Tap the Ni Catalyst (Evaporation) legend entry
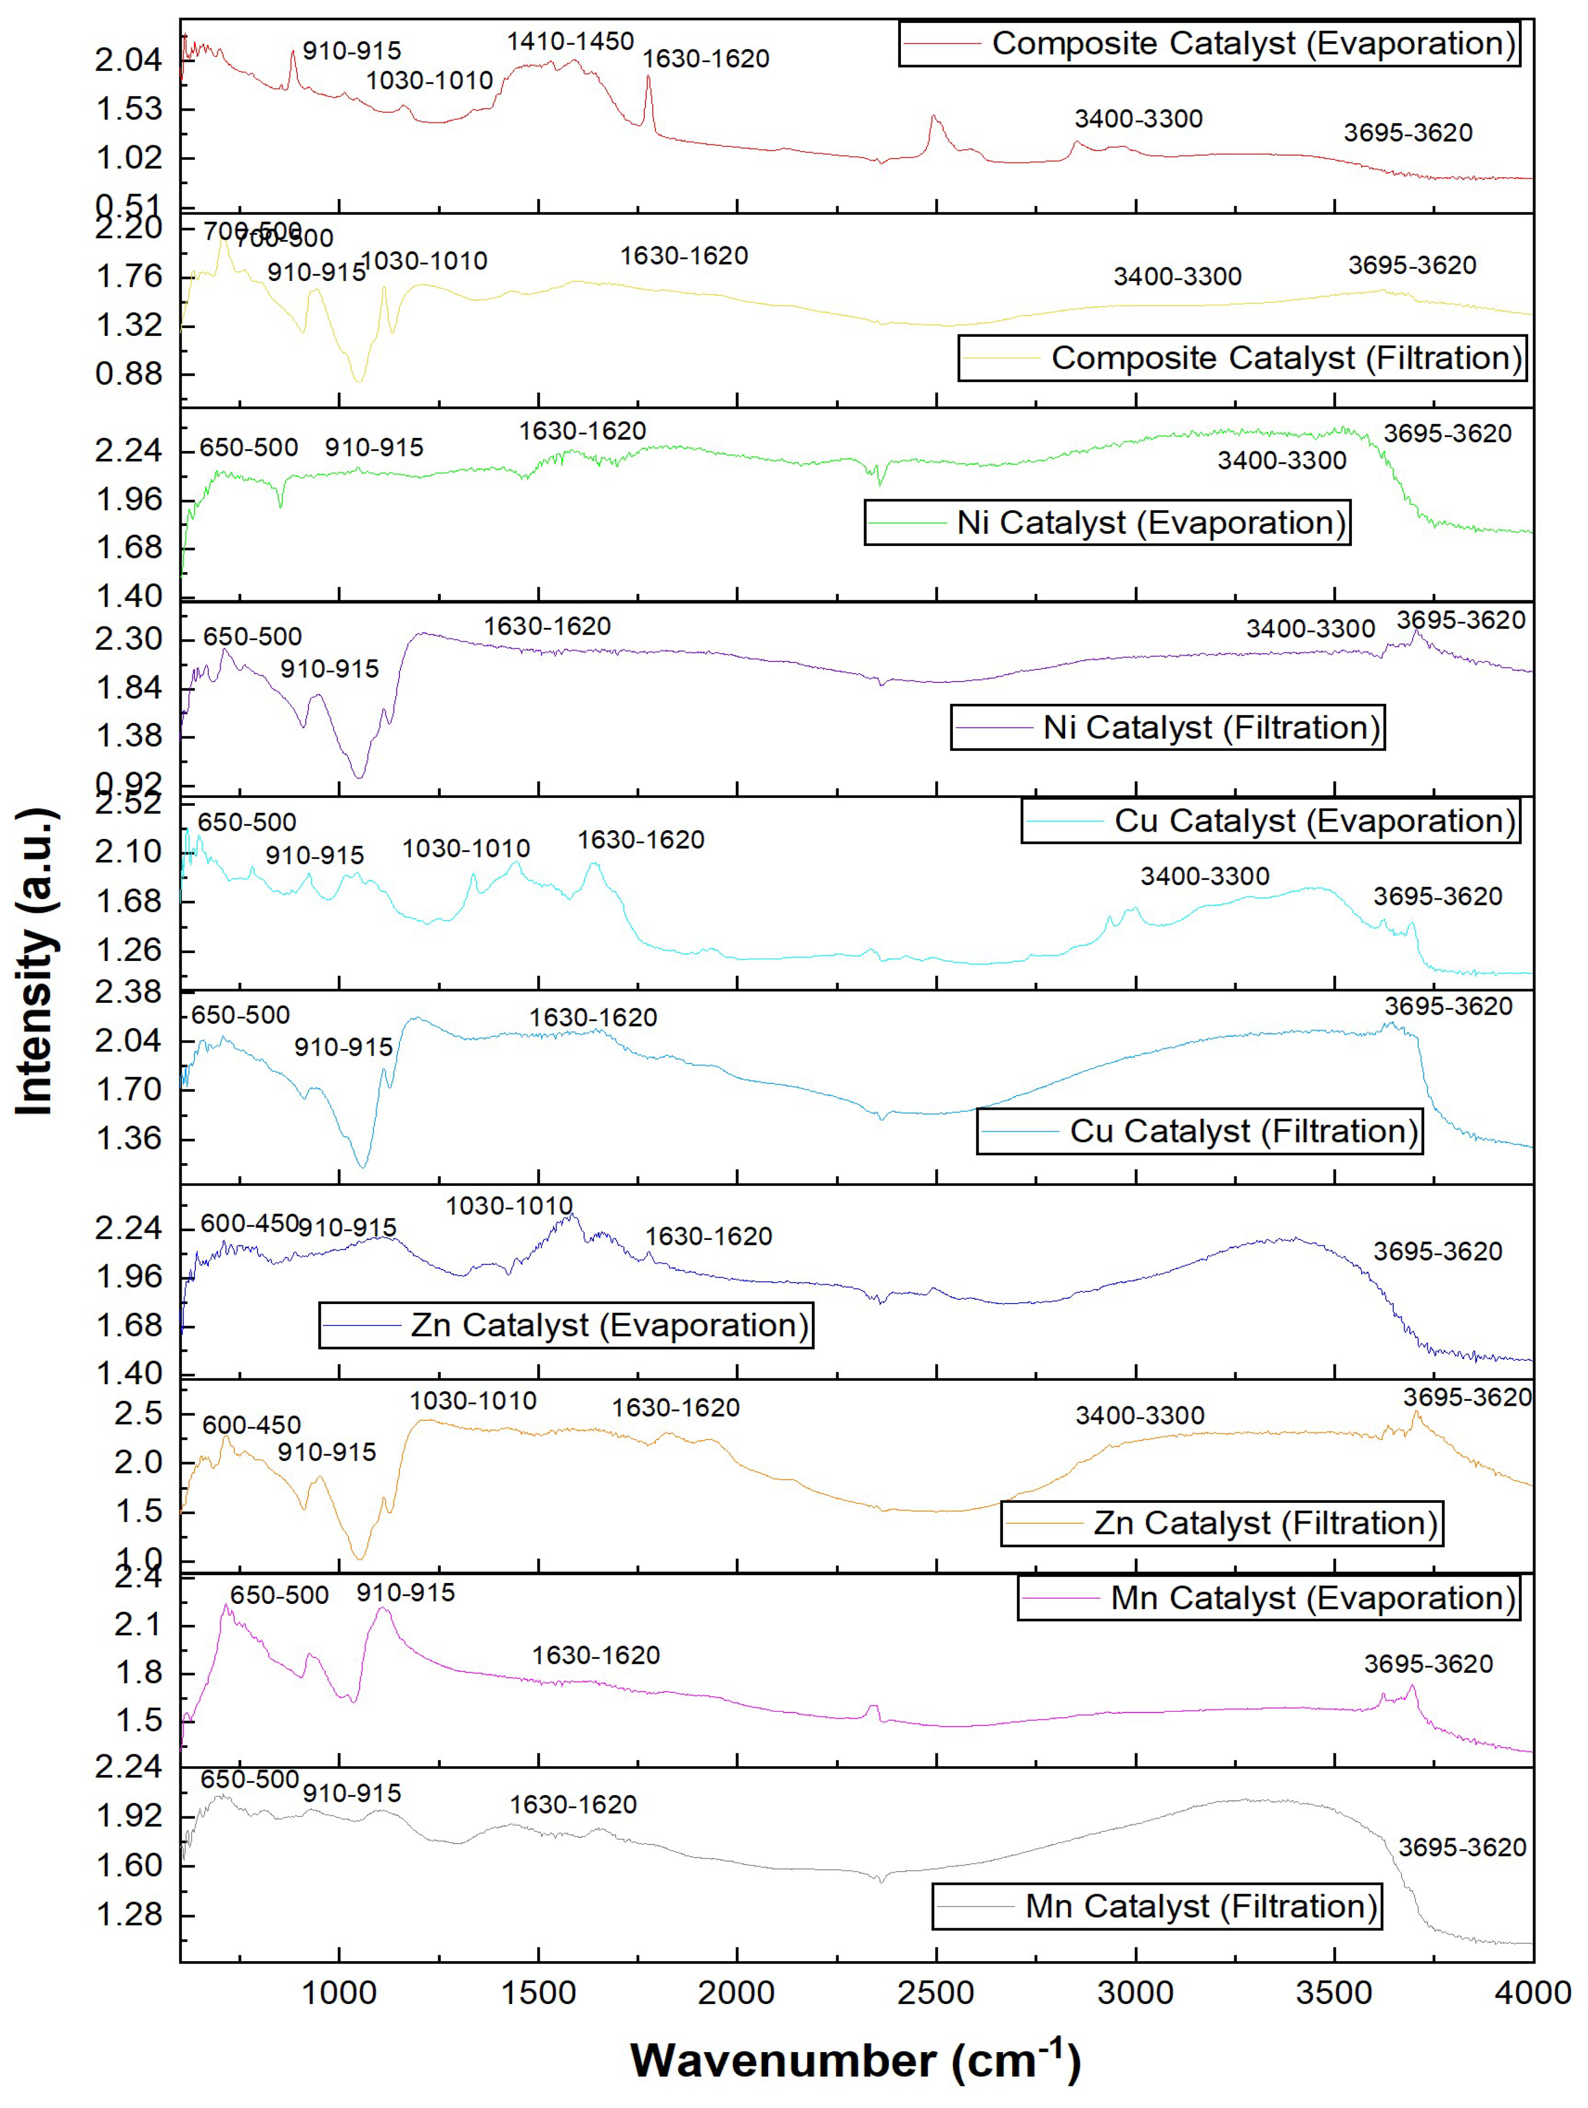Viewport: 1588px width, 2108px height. coord(1107,523)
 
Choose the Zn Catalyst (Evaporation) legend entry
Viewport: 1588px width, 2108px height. coord(566,1325)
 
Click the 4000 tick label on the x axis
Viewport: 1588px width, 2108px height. coord(1532,1994)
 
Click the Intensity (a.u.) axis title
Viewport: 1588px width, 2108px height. coord(36,962)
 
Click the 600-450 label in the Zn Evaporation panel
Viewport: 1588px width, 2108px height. coord(250,1223)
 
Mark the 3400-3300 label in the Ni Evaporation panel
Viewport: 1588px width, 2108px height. coord(1281,461)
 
